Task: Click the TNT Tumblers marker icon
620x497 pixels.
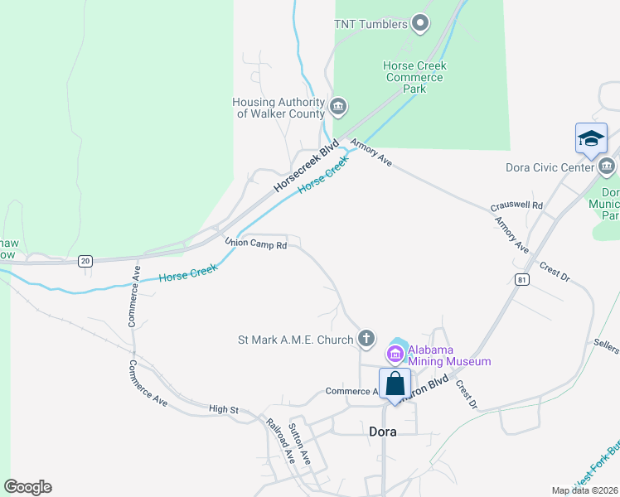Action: [420, 24]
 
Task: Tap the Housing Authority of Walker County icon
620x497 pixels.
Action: [338, 107]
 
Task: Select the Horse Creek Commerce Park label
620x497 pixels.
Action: [414, 77]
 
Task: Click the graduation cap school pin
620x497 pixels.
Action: [591, 138]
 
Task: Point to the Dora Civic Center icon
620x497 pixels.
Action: [607, 167]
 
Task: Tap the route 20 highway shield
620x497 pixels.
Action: [85, 261]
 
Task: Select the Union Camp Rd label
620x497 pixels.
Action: [256, 244]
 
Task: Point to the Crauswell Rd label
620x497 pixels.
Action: [516, 205]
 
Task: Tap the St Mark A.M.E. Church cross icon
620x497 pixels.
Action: [366, 339]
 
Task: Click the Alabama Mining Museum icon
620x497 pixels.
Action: [395, 355]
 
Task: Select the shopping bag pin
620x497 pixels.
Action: [395, 384]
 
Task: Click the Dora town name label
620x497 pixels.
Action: [382, 432]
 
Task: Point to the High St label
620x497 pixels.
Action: [224, 409]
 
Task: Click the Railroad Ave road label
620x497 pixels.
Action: [280, 439]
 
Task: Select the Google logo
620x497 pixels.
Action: [27, 487]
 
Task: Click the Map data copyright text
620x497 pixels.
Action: [584, 490]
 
